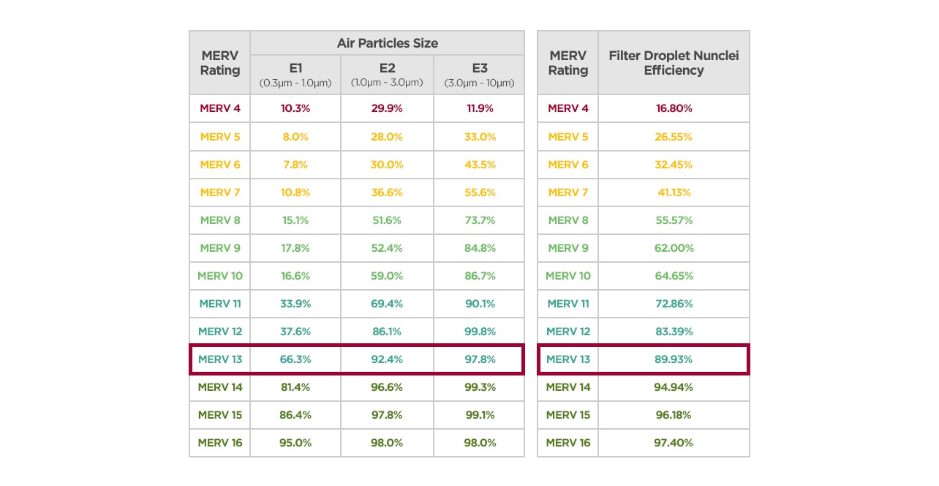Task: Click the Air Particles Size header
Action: click(x=388, y=43)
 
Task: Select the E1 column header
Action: click(x=295, y=75)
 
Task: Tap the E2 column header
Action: click(x=387, y=75)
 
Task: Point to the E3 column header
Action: click(x=479, y=75)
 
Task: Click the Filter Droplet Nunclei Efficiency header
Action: click(x=674, y=63)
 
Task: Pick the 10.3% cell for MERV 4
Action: click(x=295, y=108)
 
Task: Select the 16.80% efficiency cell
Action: click(x=674, y=108)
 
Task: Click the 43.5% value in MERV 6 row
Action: click(x=480, y=165)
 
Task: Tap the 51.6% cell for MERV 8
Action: click(x=387, y=220)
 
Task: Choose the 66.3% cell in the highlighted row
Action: click(x=295, y=359)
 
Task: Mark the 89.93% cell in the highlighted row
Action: click(x=674, y=359)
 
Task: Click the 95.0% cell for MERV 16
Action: click(x=295, y=443)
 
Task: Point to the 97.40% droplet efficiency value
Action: click(x=674, y=443)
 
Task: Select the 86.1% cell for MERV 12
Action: click(x=387, y=332)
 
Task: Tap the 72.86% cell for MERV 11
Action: click(x=674, y=304)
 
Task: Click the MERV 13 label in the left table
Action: click(x=220, y=359)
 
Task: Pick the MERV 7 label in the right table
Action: click(x=568, y=192)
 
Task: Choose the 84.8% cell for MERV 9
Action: click(x=480, y=248)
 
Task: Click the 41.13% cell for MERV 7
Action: click(x=674, y=192)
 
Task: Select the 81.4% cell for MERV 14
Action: click(x=295, y=387)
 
